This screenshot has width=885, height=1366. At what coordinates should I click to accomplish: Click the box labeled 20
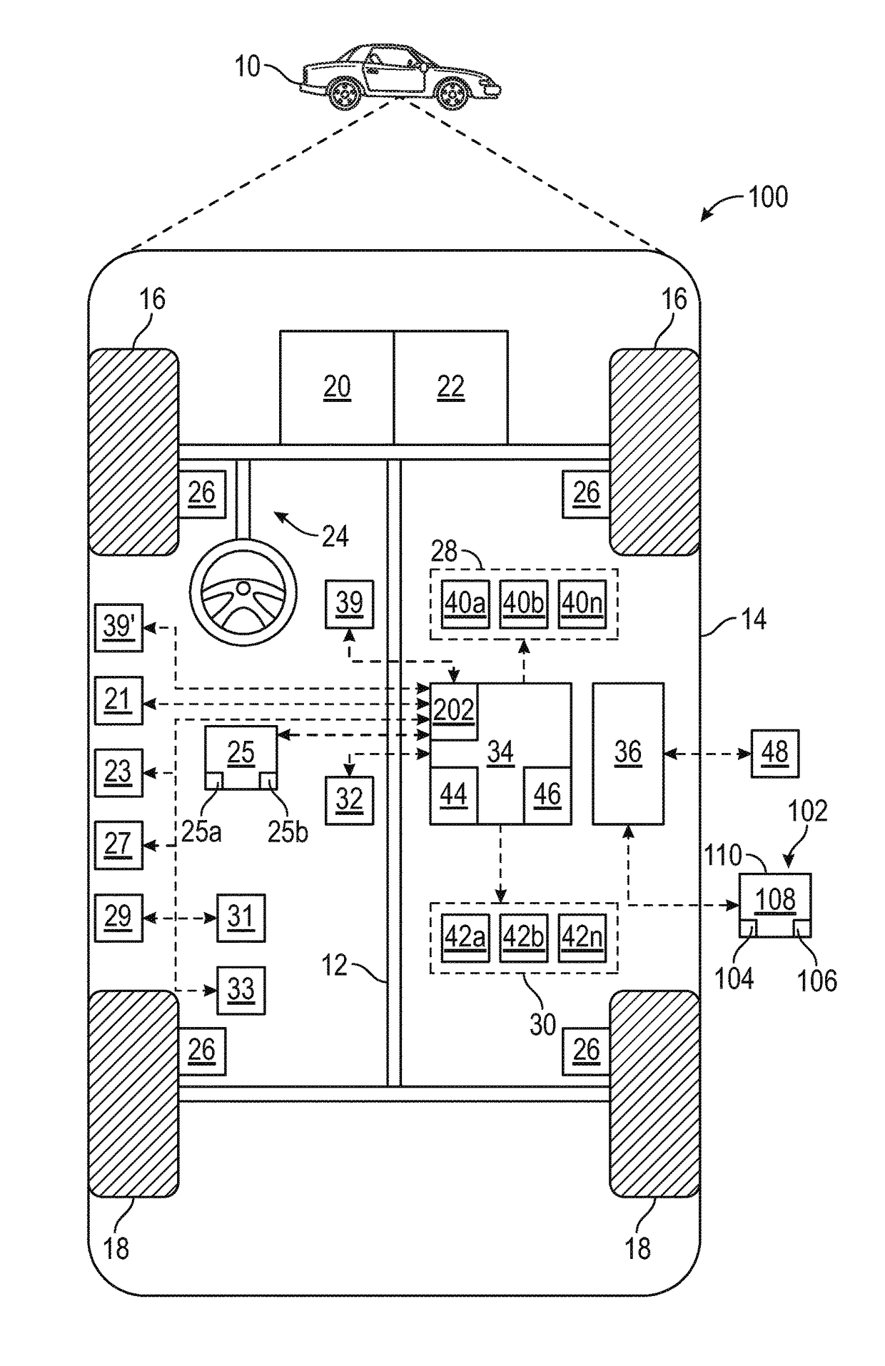(x=337, y=387)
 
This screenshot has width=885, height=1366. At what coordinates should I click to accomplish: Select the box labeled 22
(x=451, y=387)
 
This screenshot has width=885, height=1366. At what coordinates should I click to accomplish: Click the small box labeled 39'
(x=119, y=627)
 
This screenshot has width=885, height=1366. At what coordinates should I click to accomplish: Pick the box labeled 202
(x=454, y=712)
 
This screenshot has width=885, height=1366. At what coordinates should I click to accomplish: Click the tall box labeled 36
(x=628, y=754)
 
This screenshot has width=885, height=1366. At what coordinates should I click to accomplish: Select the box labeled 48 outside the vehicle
(x=775, y=754)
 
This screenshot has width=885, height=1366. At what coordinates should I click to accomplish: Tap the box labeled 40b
(x=524, y=604)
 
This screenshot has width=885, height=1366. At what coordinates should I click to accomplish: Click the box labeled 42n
(x=582, y=938)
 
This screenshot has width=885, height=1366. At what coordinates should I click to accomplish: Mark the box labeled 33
(x=241, y=991)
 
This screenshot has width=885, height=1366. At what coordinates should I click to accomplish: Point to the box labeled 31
(x=241, y=918)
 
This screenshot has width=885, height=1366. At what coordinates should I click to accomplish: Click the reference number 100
(x=768, y=197)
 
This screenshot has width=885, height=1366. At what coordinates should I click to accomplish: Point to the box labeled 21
(x=119, y=701)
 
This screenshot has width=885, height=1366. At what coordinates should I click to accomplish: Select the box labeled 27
(x=119, y=845)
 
